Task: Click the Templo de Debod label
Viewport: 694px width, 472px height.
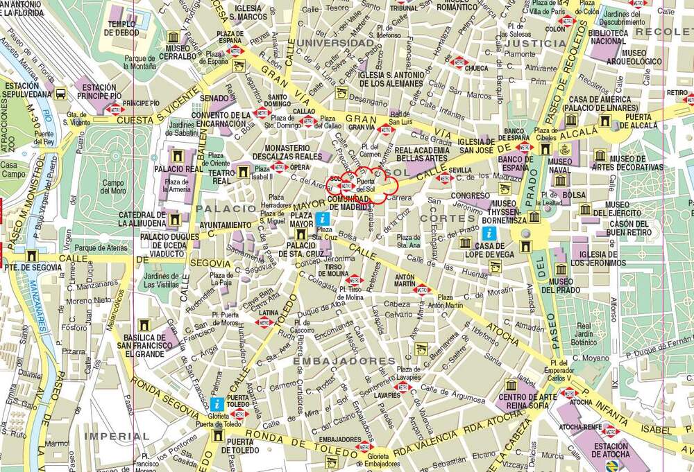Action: pyautogui.click(x=121, y=28)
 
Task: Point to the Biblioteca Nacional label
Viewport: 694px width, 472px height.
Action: pyautogui.click(x=609, y=37)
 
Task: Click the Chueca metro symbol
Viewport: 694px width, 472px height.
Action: pyautogui.click(x=458, y=64)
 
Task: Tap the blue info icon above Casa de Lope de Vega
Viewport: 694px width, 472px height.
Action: pyautogui.click(x=489, y=233)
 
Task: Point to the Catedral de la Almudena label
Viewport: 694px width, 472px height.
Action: pyautogui.click(x=142, y=219)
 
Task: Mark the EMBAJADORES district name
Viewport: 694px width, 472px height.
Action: pyautogui.click(x=344, y=361)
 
